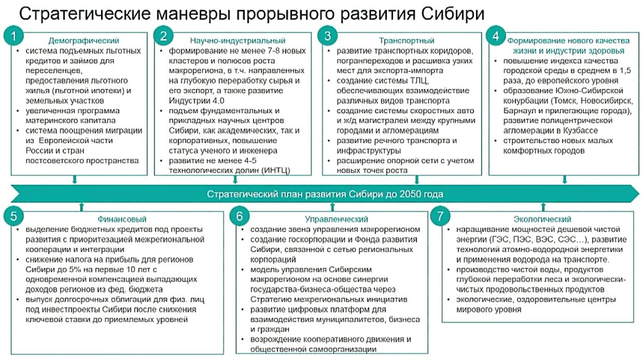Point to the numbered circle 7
coord(441,217)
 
